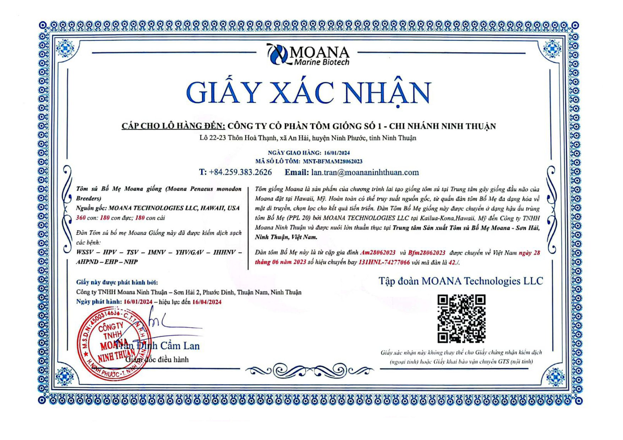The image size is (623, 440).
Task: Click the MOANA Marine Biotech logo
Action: click(308, 55)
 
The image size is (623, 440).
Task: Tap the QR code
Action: click(461, 318)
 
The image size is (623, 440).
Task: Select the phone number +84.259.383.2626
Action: click(240, 172)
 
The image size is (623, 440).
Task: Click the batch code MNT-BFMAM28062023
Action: click(332, 161)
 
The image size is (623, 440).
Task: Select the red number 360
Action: click(81, 218)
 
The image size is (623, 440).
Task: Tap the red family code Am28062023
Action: click(378, 253)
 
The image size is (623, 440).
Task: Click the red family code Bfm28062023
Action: click(426, 253)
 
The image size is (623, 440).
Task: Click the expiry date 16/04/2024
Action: click(207, 302)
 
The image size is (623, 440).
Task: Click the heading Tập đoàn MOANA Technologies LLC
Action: click(460, 281)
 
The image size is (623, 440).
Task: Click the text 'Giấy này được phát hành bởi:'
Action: click(117, 282)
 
